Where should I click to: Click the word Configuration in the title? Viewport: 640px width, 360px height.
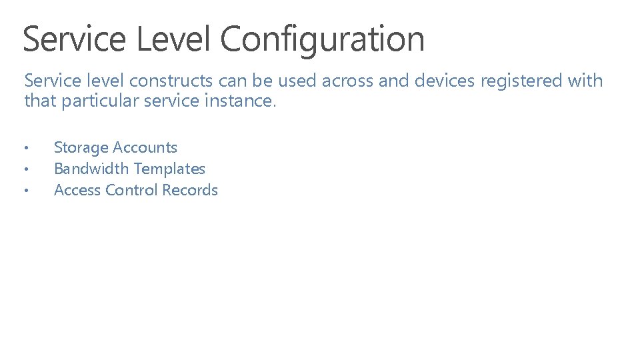[x=322, y=39]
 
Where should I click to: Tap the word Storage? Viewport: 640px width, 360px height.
[x=81, y=147]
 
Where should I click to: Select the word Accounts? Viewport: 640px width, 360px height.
[x=145, y=147]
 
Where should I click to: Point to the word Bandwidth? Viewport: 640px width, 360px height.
[x=89, y=169]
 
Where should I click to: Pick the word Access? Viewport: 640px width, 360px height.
[x=77, y=190]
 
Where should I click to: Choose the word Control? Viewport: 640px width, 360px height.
[x=131, y=190]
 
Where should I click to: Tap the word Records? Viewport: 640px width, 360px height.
[x=190, y=190]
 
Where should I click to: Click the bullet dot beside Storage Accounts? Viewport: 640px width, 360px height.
[x=25, y=148]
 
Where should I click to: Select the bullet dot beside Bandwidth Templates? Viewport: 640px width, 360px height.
[x=25, y=169]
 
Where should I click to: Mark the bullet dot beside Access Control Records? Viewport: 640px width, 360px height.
[x=25, y=191]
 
